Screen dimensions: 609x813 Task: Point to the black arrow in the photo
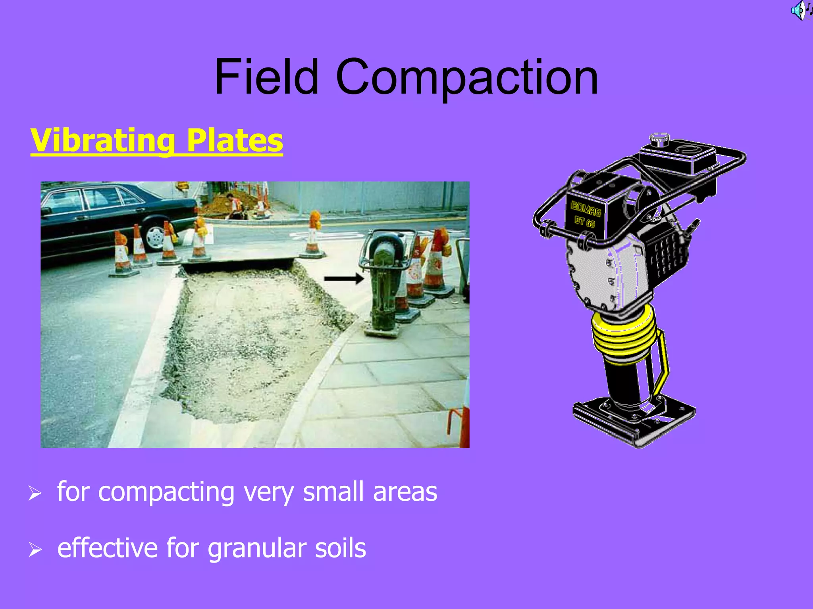click(344, 279)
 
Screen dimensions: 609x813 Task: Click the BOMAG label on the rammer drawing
click(585, 209)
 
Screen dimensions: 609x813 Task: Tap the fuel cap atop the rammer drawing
click(659, 139)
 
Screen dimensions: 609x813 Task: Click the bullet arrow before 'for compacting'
click(35, 493)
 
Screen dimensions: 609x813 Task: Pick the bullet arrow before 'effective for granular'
click(35, 550)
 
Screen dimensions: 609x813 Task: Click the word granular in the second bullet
click(257, 549)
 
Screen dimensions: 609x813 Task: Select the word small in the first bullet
click(333, 492)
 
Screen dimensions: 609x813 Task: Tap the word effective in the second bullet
click(108, 548)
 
